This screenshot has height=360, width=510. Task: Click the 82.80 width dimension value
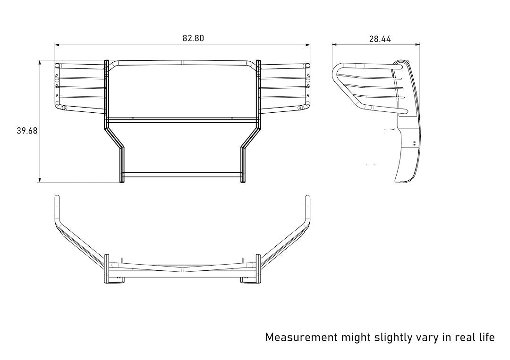pyautogui.click(x=193, y=39)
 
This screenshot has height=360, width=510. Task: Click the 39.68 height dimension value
pyautogui.click(x=27, y=131)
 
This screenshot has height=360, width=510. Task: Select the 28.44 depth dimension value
pyautogui.click(x=380, y=40)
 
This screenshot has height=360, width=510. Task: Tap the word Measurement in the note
pyautogui.click(x=301, y=337)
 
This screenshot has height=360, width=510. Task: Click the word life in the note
pyautogui.click(x=485, y=337)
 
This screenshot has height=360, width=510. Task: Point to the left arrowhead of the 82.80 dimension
pyautogui.click(x=57, y=45)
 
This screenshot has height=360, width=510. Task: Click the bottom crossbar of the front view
pyautogui.click(x=183, y=175)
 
